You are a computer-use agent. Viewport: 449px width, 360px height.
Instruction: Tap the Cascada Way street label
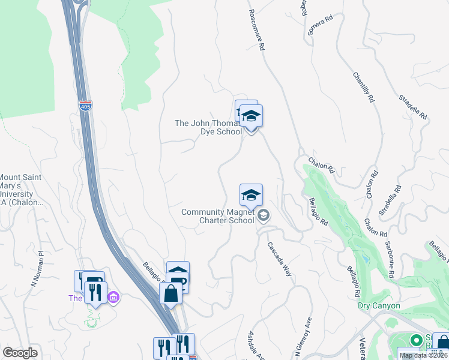pos(279,259)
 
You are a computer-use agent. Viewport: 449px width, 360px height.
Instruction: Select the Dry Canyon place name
pos(378,305)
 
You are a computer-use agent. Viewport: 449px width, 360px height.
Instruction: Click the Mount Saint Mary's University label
pos(22,190)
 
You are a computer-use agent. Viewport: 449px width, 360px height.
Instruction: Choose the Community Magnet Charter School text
pos(218,216)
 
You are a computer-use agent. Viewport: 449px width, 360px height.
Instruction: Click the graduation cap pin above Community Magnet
pos(251,196)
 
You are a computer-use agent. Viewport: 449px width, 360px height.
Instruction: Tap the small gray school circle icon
pos(264,215)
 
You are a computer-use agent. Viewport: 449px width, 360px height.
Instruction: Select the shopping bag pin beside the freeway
pos(170,294)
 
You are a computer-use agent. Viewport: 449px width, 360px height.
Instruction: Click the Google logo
pos(20,353)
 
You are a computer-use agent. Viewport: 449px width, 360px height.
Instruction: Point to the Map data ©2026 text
pos(423,355)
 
